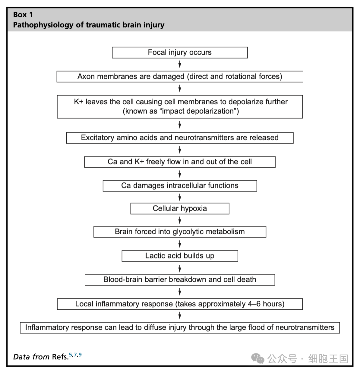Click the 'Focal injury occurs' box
pos(180,53)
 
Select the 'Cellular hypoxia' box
pos(180,208)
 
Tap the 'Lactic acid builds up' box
pos(180,256)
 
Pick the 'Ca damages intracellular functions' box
pos(180,186)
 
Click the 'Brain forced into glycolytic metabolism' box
pos(180,232)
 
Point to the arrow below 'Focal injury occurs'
pos(180,64)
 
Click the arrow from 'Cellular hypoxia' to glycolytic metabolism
pos(180,220)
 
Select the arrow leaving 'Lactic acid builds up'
pos(180,268)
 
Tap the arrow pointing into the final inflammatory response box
pos(180,315)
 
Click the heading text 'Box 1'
pos(23,15)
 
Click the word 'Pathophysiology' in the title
pos(43,25)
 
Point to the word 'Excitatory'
pos(98,138)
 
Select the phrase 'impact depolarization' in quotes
pos(198,111)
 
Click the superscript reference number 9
pos(80,355)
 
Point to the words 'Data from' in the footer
pos(31,357)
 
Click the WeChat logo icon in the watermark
pos(258,358)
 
